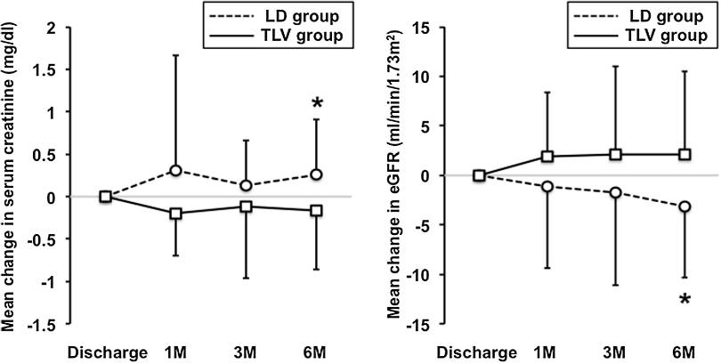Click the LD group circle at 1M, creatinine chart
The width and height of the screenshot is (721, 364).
[175, 170]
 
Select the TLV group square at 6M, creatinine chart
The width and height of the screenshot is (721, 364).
[316, 210]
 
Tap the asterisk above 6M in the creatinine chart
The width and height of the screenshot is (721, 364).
[316, 105]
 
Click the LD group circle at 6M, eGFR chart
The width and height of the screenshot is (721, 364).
[684, 206]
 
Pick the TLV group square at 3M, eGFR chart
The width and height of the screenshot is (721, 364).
[616, 154]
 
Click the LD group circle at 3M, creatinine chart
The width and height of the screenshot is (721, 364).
[246, 186]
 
